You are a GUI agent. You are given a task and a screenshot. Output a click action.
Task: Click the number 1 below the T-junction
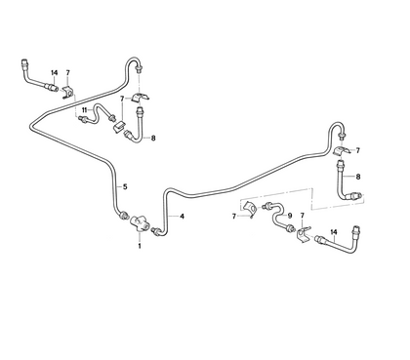click(x=139, y=245)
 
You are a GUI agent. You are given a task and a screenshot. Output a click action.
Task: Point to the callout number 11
click(x=85, y=109)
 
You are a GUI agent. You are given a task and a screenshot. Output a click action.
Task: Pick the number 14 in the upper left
click(x=54, y=73)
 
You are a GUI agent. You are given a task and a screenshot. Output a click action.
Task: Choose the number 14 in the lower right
click(x=334, y=231)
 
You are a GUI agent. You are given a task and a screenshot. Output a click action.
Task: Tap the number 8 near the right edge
click(x=359, y=176)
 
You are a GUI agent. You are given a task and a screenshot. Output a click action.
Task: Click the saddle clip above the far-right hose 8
click(x=342, y=152)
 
